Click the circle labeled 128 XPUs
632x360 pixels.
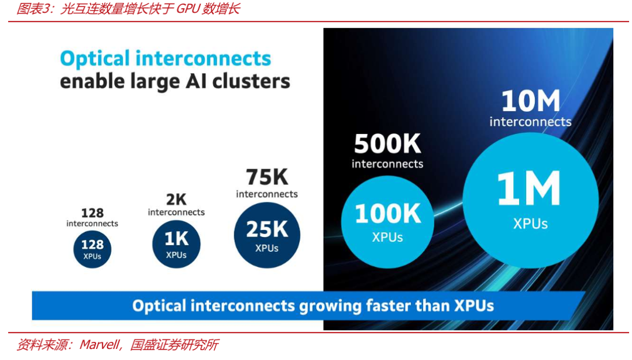tap(92, 249)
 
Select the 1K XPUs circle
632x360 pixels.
tap(176, 244)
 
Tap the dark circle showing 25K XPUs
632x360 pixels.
tap(267, 235)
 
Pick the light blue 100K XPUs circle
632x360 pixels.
tap(387, 222)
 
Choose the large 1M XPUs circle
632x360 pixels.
tap(530, 200)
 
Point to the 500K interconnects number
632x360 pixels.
tap(387, 144)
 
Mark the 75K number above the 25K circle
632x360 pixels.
tap(267, 177)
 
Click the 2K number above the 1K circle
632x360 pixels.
tap(176, 200)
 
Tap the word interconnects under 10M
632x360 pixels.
tap(530, 122)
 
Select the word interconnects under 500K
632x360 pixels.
tap(387, 164)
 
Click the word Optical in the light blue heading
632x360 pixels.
tap(95, 59)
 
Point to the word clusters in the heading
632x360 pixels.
tap(251, 81)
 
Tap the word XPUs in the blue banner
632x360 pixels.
tap(474, 306)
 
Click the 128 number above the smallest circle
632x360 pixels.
tap(92, 213)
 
